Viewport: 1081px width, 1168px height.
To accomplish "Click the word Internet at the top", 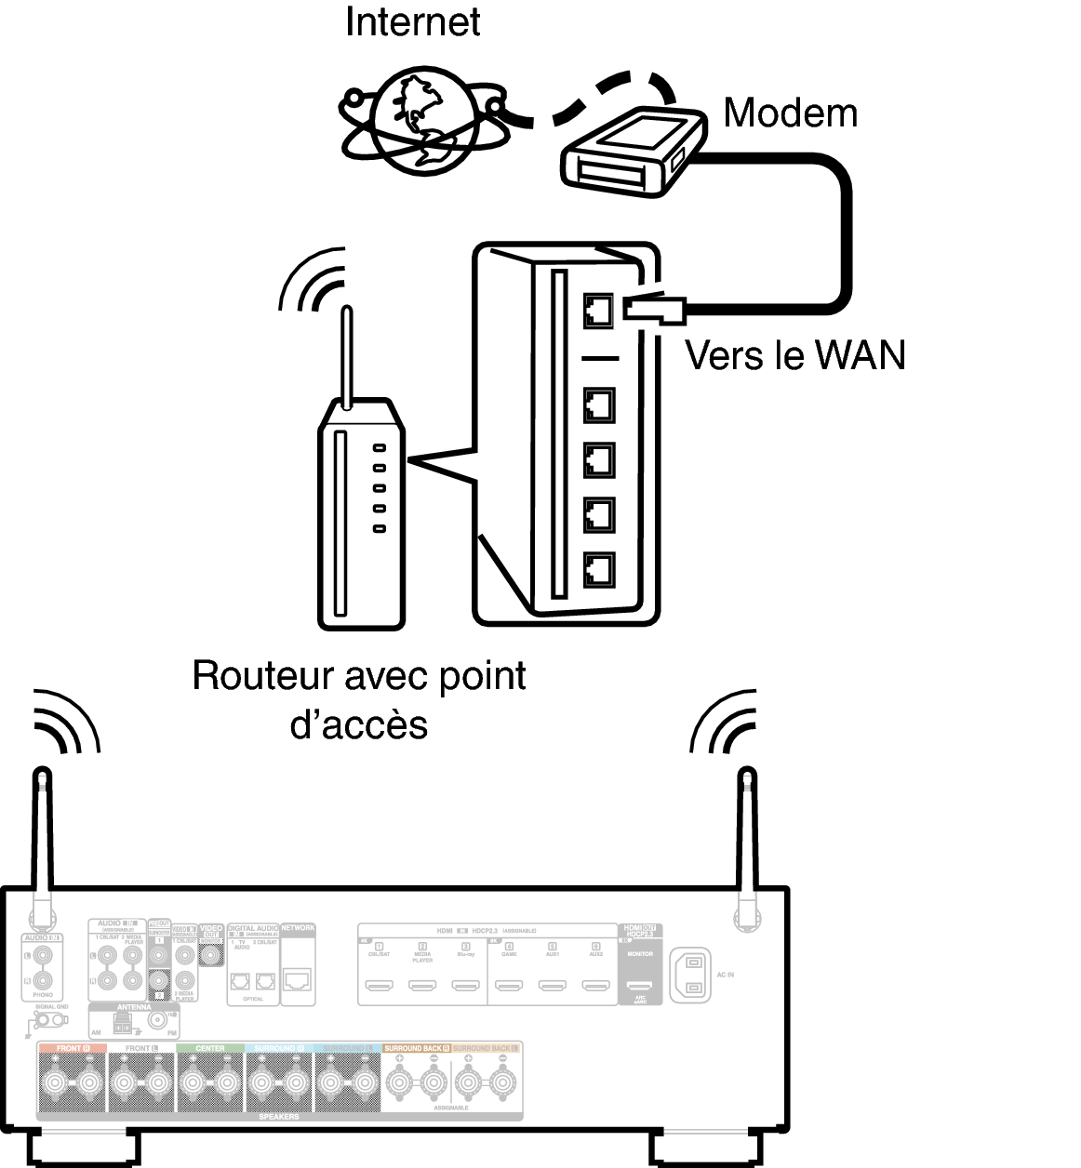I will (x=412, y=21).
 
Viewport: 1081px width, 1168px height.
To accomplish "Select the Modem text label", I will (x=790, y=113).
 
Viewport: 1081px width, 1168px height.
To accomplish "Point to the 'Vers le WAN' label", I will (x=795, y=354).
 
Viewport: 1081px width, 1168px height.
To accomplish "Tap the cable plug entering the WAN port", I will (x=655, y=309).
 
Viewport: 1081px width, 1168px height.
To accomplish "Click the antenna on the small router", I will (x=346, y=358).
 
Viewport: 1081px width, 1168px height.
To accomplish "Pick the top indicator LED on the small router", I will (x=380, y=447).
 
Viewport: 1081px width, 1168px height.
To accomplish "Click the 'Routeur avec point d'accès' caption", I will (x=359, y=698).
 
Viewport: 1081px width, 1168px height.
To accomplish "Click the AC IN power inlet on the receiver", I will (x=690, y=976).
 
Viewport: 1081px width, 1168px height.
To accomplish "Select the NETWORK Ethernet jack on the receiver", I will (x=298, y=979).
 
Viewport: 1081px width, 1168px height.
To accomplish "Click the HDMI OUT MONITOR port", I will (x=637, y=988).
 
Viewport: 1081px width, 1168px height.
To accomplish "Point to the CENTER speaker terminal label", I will (x=209, y=1048).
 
